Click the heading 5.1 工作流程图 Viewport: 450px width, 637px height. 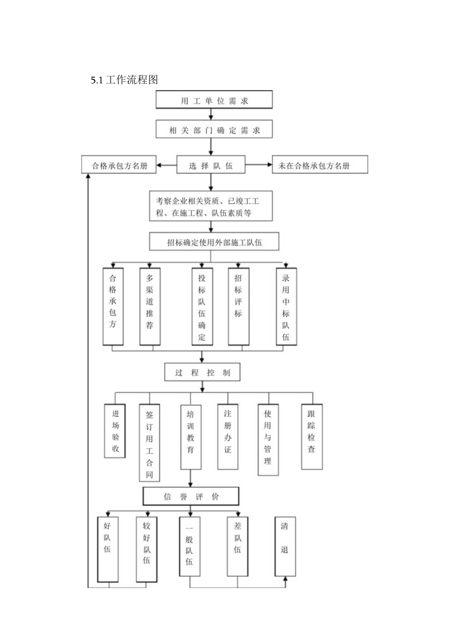click(x=124, y=80)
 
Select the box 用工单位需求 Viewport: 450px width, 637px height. click(x=214, y=101)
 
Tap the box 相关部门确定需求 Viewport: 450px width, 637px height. click(x=214, y=130)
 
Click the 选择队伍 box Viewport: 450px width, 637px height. click(x=210, y=165)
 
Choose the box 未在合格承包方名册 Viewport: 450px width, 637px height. click(x=320, y=165)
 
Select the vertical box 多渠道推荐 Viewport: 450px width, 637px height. click(x=150, y=306)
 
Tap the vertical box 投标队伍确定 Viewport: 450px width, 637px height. click(x=202, y=306)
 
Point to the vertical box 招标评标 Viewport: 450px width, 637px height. click(x=239, y=306)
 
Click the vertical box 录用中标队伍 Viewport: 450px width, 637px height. click(x=286, y=306)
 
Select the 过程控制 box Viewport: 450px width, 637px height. click(x=202, y=373)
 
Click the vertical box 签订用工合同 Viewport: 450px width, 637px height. click(x=150, y=442)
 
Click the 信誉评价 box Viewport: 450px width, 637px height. click(x=191, y=496)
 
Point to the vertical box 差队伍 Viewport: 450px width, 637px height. click(x=238, y=545)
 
